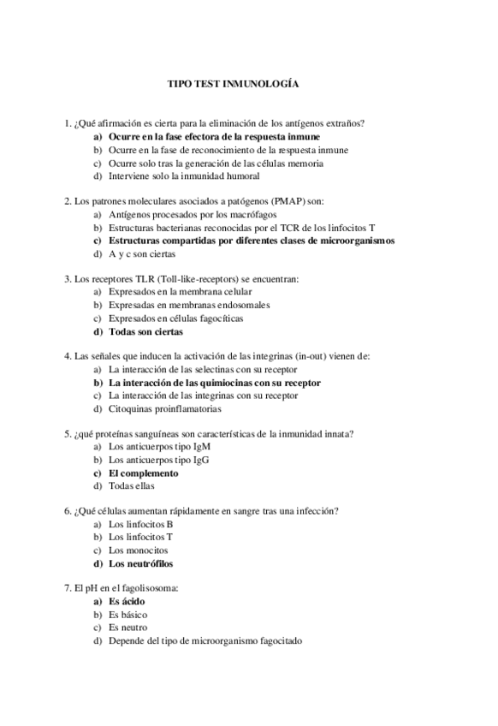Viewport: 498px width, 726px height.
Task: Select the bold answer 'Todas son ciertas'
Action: (x=145, y=331)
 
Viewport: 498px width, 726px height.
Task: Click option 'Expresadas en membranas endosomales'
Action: (x=189, y=305)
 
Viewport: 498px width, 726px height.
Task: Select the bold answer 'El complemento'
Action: (x=143, y=473)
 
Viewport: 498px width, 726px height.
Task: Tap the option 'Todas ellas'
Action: (x=132, y=486)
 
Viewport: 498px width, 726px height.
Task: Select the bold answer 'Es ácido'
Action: (x=126, y=602)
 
